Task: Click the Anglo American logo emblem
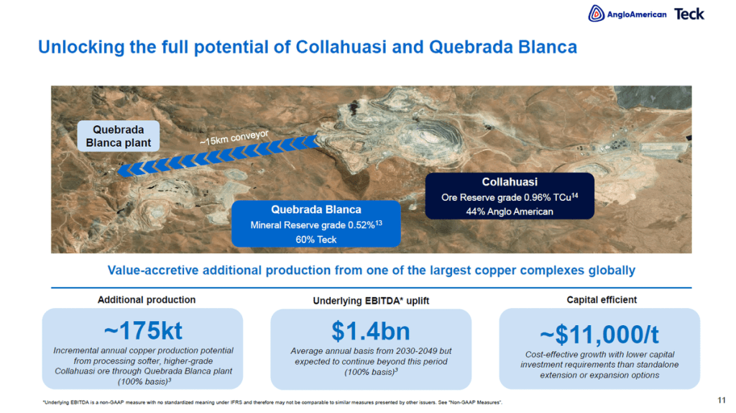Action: click(596, 14)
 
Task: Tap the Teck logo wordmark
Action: click(689, 14)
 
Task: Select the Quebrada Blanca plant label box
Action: click(119, 136)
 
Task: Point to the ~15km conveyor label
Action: click(234, 137)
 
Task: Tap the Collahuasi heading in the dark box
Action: click(510, 182)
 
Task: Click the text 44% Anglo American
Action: click(510, 212)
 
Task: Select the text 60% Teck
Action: click(316, 239)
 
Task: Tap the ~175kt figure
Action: click(143, 330)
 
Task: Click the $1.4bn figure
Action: click(371, 331)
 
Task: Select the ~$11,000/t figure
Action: click(599, 335)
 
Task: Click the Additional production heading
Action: click(147, 300)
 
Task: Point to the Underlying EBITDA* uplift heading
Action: click(371, 301)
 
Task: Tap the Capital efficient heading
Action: click(602, 300)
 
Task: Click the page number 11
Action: click(722, 400)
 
